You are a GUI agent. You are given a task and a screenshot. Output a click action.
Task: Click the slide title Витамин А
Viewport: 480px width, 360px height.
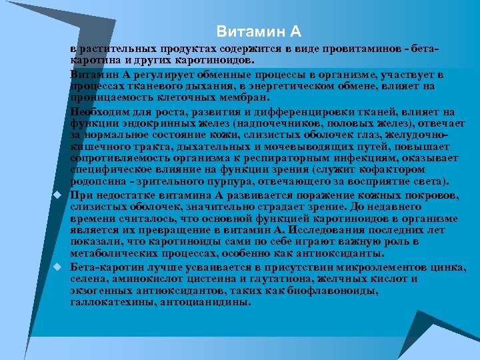(259, 32)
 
